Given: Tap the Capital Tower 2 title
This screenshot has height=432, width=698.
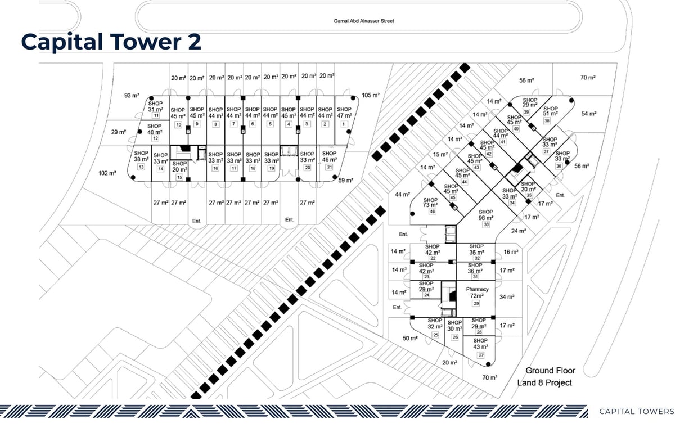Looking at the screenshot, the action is (x=111, y=42).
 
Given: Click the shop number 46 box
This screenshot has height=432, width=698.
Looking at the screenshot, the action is (x=432, y=211).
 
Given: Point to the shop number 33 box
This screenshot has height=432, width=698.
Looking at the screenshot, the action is (x=485, y=224).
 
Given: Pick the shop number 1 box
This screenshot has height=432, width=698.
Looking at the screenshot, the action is (x=344, y=124).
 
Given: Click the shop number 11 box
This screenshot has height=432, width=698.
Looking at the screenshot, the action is (x=156, y=115).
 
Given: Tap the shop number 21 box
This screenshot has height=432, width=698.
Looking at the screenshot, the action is (x=329, y=167).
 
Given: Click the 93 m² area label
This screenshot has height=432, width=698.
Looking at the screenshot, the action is (x=132, y=95).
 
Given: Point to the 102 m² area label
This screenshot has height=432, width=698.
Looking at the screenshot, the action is (x=107, y=173).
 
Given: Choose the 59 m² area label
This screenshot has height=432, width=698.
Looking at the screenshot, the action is (x=345, y=180).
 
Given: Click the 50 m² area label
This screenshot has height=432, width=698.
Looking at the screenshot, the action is (x=410, y=338).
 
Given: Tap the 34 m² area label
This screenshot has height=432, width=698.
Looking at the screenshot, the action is (x=507, y=297).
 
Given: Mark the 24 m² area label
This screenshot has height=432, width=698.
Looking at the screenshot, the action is (x=519, y=231).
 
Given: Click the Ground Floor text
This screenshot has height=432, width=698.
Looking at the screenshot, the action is (x=550, y=371).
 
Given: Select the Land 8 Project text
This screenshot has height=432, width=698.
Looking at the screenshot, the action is (x=544, y=382).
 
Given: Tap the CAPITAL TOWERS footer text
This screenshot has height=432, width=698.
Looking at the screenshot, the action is (x=637, y=411).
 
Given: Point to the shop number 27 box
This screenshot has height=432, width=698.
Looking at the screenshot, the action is (x=481, y=355).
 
